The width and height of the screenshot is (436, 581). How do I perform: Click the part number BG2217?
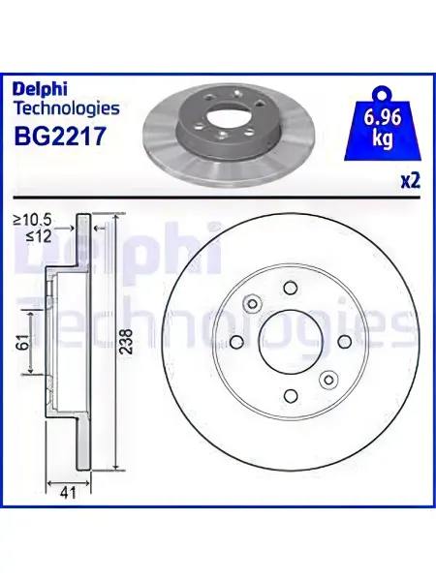[60, 136]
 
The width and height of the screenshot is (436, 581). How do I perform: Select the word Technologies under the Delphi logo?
[66, 108]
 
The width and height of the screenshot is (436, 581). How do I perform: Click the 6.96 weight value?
[383, 117]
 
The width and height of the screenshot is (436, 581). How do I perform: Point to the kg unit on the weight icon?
[383, 138]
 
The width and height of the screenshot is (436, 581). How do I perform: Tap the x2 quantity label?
[411, 182]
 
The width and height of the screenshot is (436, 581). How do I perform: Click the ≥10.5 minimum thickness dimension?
[32, 221]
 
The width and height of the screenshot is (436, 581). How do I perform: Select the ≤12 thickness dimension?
[39, 236]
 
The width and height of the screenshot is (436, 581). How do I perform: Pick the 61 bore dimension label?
[23, 341]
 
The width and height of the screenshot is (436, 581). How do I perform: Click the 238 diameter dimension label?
[127, 341]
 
